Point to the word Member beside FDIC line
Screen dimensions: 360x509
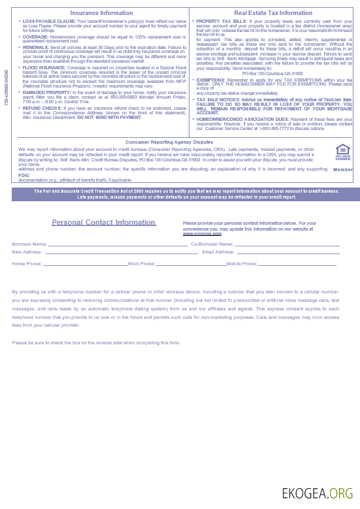pos(342,169)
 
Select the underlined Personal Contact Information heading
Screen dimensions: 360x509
pos(103,222)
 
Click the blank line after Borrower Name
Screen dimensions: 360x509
pos(118,245)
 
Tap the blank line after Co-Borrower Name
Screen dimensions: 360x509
pos(287,245)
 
